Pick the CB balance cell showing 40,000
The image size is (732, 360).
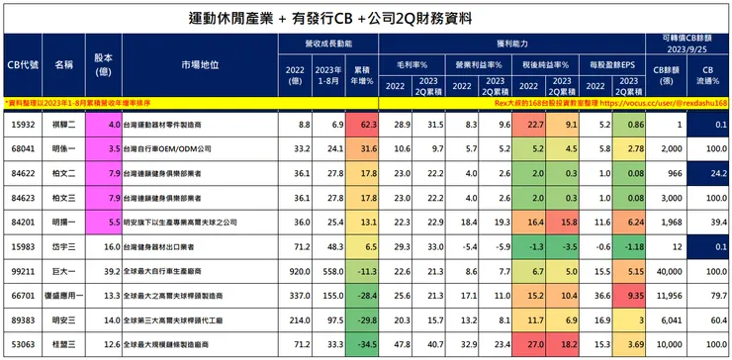pos(665,269)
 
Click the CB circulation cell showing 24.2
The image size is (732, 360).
pos(713,172)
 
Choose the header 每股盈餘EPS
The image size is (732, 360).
pos(614,64)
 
